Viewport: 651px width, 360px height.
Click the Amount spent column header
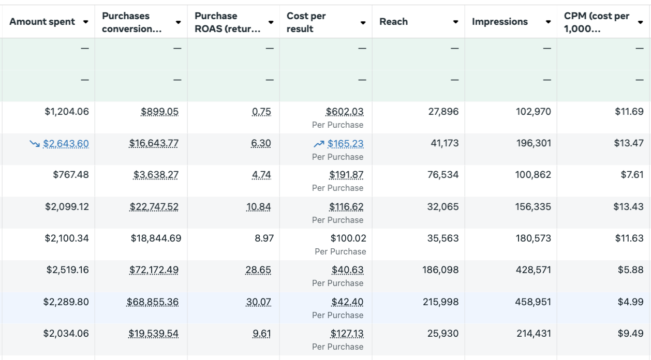[42, 22]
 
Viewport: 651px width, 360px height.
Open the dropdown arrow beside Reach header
[455, 22]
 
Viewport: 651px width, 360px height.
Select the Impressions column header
[500, 22]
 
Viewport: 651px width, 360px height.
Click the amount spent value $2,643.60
[66, 144]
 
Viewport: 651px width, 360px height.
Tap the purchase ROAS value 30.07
[258, 302]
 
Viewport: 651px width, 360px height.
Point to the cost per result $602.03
[345, 112]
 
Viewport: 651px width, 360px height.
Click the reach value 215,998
[440, 302]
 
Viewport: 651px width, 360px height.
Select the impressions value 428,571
[534, 270]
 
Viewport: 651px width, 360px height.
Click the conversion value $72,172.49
[154, 270]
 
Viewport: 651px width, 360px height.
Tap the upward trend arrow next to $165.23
[319, 144]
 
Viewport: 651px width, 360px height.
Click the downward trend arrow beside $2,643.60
[35, 144]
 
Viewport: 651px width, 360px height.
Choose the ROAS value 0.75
[261, 112]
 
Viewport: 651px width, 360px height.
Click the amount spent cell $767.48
[71, 175]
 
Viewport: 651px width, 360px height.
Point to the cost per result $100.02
[348, 238]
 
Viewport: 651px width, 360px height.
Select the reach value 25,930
[443, 334]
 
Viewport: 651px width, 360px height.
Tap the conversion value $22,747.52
[154, 207]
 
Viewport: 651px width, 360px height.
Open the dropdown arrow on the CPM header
[640, 22]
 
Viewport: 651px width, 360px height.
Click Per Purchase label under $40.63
[337, 283]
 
